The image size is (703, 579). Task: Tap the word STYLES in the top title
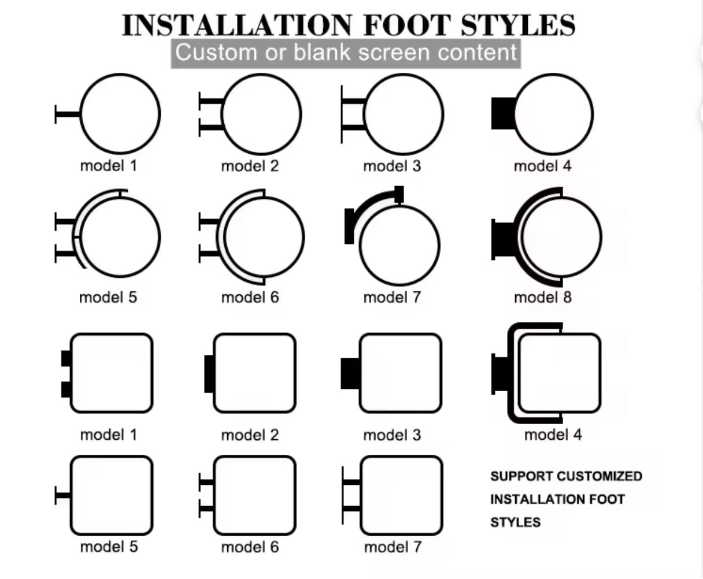(518, 25)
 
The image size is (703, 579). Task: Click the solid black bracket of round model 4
(504, 113)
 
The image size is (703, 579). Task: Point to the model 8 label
(543, 297)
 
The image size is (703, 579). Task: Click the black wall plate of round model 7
(349, 226)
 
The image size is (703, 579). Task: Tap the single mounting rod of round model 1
(67, 114)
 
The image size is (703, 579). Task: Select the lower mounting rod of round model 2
(211, 128)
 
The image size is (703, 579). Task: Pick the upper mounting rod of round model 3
(353, 101)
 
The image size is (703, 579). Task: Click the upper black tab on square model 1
(66, 358)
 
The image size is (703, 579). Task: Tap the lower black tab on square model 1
(66, 389)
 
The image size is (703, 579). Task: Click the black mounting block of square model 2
(209, 374)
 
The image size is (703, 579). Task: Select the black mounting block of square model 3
(350, 374)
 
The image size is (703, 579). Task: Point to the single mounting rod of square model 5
(62, 496)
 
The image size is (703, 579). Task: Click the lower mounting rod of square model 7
(351, 509)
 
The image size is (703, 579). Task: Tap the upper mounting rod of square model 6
(206, 482)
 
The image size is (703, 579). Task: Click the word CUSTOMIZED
(600, 476)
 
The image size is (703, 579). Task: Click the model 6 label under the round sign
(250, 297)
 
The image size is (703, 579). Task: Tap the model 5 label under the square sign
(109, 547)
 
